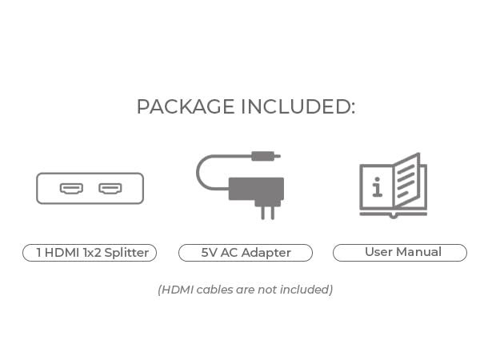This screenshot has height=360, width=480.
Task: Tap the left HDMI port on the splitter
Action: pos(71,189)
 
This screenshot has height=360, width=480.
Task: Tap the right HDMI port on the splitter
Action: pos(110,189)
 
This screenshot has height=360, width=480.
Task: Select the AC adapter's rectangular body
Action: pos(256,189)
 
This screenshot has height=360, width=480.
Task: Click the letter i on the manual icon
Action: pos(377,189)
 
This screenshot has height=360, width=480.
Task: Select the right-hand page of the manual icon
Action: pos(410,182)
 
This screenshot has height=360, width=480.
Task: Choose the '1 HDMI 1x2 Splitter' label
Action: pos(90,253)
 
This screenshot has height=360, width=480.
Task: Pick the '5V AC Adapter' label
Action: pos(246,253)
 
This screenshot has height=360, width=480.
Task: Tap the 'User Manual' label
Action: pos(400,253)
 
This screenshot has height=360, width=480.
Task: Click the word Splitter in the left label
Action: pos(125,253)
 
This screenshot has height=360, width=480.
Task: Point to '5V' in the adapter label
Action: pos(210,253)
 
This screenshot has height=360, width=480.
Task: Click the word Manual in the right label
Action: pos(418,252)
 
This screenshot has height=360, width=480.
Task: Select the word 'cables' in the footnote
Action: pos(210,290)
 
